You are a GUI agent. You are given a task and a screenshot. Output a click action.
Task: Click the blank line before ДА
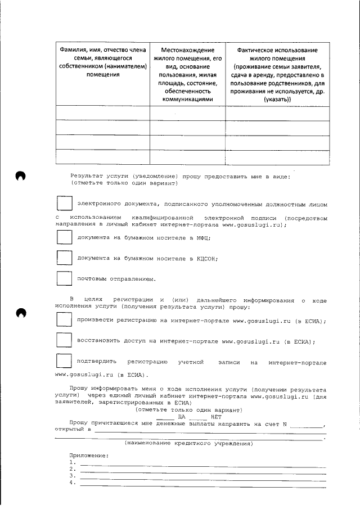click(165, 417)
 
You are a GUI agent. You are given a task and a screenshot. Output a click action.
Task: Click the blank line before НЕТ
click(198, 417)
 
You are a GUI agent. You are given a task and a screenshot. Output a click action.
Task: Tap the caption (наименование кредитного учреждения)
click(188, 444)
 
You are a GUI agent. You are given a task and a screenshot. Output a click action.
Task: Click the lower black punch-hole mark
click(21, 313)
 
